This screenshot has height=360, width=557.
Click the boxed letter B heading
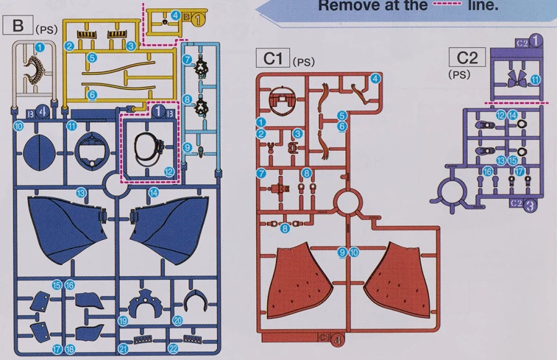17,27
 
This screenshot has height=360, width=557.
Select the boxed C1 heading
273,59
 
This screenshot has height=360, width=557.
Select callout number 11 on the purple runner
535,79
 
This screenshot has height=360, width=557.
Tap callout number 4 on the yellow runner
176,15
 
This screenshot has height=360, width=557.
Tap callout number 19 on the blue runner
123,320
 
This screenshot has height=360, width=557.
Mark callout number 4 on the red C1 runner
375,79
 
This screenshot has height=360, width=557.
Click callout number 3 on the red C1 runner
298,134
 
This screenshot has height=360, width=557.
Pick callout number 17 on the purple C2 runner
519,171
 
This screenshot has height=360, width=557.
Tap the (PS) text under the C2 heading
459,74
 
